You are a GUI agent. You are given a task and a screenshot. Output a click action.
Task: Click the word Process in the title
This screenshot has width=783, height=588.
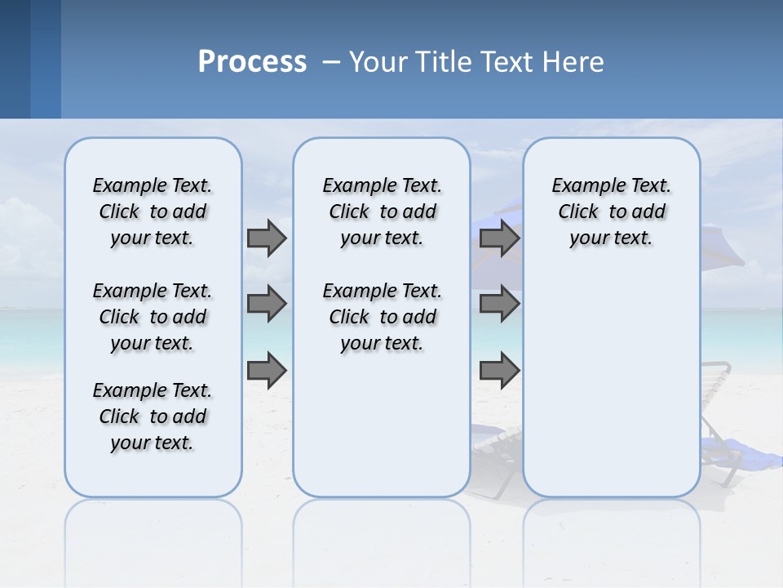pyautogui.click(x=252, y=62)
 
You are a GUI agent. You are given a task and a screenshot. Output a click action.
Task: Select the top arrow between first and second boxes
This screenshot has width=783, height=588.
pyautogui.click(x=267, y=238)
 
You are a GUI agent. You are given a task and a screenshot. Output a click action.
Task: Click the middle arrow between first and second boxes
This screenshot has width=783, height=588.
pyautogui.click(x=267, y=304)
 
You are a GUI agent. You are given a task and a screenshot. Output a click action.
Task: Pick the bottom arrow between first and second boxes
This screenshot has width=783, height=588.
pyautogui.click(x=267, y=370)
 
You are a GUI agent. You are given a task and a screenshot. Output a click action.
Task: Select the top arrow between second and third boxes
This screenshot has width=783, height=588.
pyautogui.click(x=499, y=238)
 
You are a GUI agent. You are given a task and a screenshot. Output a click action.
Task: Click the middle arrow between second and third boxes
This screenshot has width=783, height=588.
pyautogui.click(x=499, y=304)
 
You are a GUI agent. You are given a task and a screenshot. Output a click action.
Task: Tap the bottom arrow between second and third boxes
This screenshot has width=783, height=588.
pyautogui.click(x=499, y=370)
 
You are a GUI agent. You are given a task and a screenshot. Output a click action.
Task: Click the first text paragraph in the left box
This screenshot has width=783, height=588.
pyautogui.click(x=153, y=212)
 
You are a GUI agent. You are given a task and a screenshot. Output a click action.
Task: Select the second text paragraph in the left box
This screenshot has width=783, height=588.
pyautogui.click(x=153, y=317)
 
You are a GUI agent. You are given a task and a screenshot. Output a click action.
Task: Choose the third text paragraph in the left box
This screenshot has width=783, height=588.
pyautogui.click(x=153, y=416)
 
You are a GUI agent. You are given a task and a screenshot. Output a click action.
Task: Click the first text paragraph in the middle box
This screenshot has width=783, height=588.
pyautogui.click(x=383, y=212)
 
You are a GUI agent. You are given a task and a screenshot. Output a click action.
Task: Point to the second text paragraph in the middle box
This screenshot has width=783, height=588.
pyautogui.click(x=383, y=317)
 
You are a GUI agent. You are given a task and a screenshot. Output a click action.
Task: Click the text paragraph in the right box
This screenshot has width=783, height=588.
pyautogui.click(x=612, y=212)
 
